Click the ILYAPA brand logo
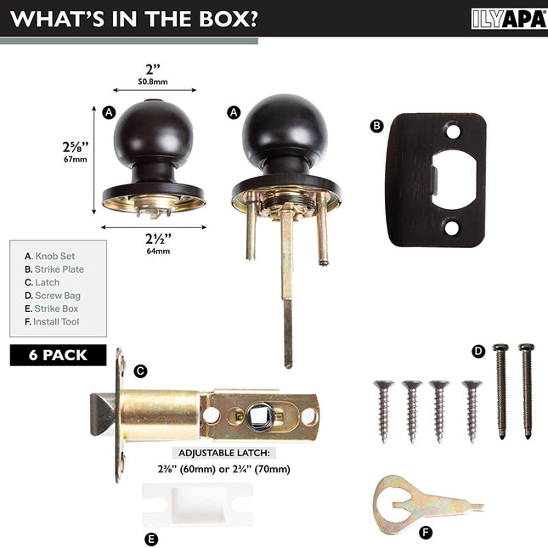coord(509,19)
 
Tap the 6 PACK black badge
coord(58,355)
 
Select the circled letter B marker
coord(376,126)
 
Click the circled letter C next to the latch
coord(140,370)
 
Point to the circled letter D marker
coord(478,351)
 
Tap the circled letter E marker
coord(151,539)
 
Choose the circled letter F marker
coord(426,533)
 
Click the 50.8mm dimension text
coord(153,82)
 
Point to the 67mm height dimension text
coord(75,160)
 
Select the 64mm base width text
coord(158,251)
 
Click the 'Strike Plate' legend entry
coord(54,269)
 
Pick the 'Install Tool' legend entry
coord(52,322)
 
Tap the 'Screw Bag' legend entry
coord(53,296)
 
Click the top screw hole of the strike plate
coord(454,132)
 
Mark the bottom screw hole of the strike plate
coord(451,228)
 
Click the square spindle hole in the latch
coord(261,416)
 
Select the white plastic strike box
coord(198,505)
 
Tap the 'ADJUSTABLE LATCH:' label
coord(224,453)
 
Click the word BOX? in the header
coord(229,19)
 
